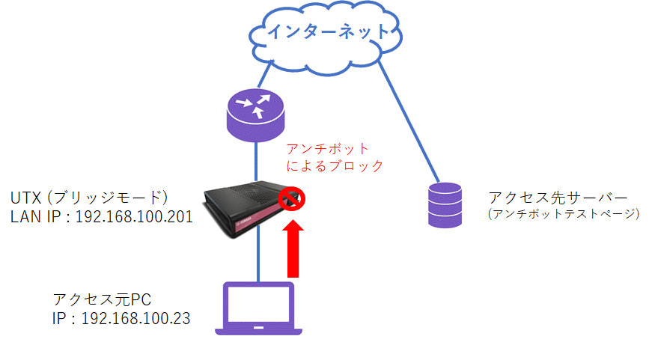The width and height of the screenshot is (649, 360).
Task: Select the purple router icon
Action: coord(257,116)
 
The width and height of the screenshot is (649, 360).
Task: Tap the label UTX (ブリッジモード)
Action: coord(89,198)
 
